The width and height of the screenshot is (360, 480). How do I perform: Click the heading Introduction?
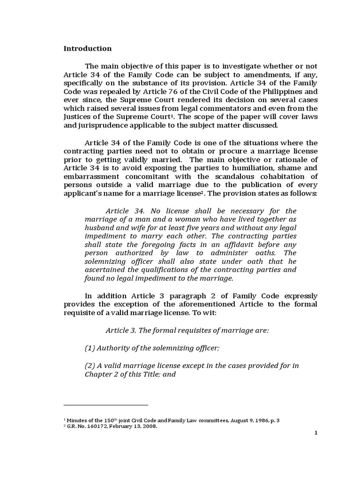(x=88, y=48)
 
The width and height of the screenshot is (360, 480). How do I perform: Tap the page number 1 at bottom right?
(x=316, y=433)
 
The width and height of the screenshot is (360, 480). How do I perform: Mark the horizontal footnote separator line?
(x=105, y=405)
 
